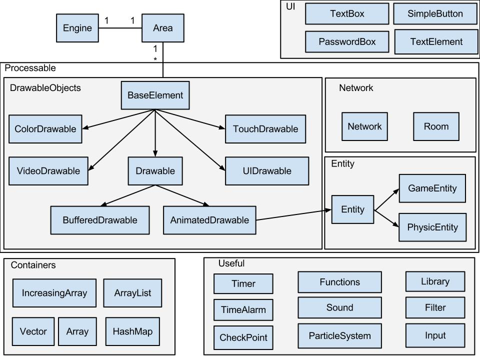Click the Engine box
[x=77, y=28]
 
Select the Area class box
[x=163, y=28]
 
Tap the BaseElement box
[x=155, y=95]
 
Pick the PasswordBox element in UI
[x=347, y=41]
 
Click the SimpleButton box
[x=435, y=14]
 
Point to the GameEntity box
[x=432, y=188]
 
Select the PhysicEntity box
[x=432, y=227]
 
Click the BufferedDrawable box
[x=99, y=220]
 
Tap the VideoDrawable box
[x=48, y=171]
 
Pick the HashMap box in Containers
[x=132, y=331]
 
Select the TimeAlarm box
[x=243, y=310]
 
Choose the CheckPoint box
[x=243, y=337]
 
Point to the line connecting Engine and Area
[x=120, y=28]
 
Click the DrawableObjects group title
[x=45, y=88]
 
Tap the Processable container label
[x=30, y=68]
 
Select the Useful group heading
[x=231, y=263]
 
